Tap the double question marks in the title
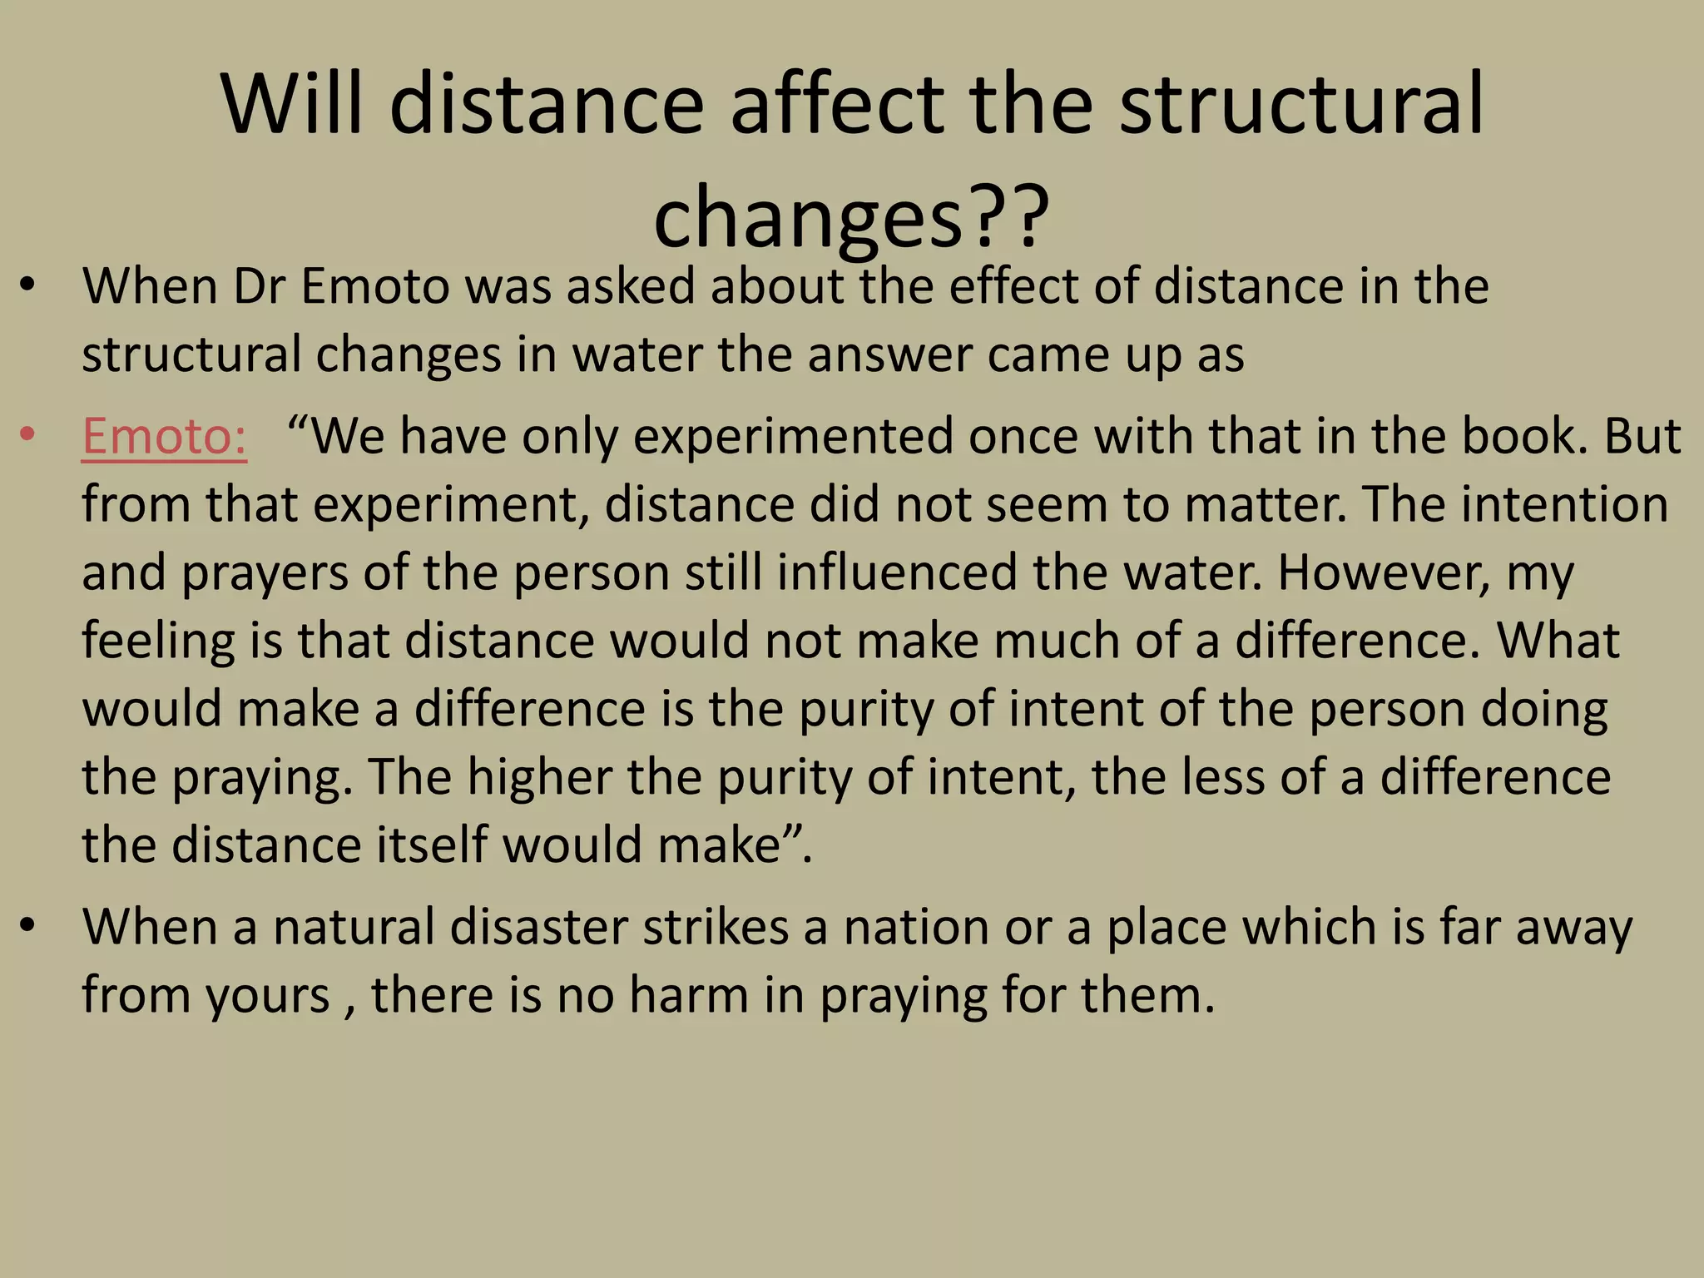pyautogui.click(x=1008, y=218)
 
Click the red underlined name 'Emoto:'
pyautogui.click(x=164, y=435)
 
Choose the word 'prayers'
pyautogui.click(x=265, y=574)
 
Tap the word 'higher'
pyautogui.click(x=539, y=777)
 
